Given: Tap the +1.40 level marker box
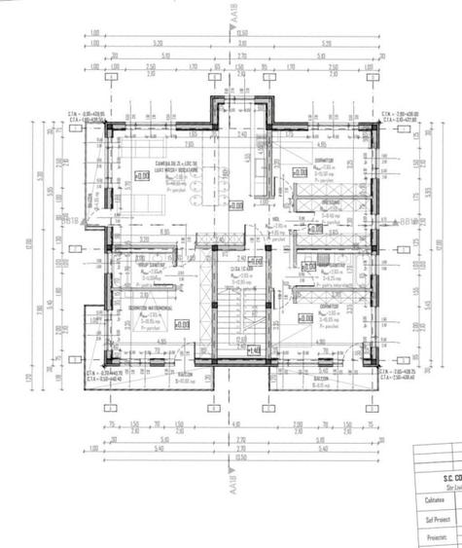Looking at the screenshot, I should (x=253, y=350).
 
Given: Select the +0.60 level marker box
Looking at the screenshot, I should (x=255, y=261).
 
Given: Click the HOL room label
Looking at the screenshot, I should (x=275, y=220).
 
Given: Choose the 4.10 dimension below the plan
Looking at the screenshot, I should (x=234, y=425).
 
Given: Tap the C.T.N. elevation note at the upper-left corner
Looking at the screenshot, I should (x=86, y=114).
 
